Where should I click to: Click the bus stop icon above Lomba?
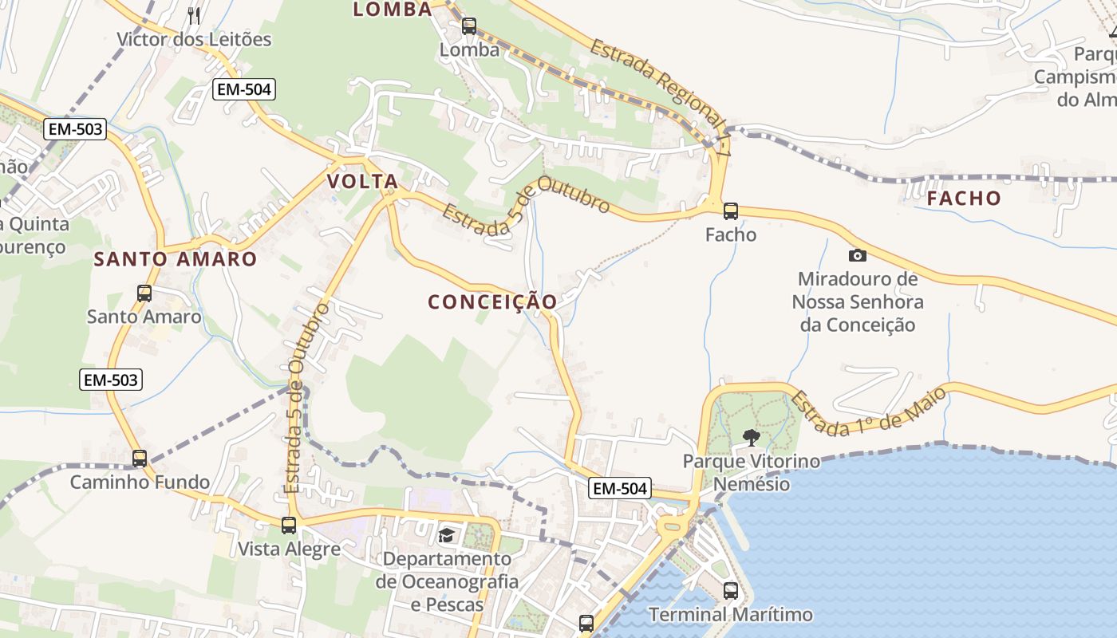(x=469, y=26)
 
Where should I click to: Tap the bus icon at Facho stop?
(x=731, y=211)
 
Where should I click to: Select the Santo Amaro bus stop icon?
(x=144, y=293)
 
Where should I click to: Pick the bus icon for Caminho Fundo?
(x=140, y=459)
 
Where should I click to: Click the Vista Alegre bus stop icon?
(x=289, y=526)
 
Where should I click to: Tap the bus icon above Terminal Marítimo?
(x=731, y=591)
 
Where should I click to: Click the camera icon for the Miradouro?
(x=858, y=255)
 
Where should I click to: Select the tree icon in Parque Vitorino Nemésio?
(x=751, y=437)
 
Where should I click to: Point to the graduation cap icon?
(x=446, y=535)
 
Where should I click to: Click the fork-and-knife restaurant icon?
(x=194, y=14)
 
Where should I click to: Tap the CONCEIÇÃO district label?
(x=492, y=302)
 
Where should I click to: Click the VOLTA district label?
(x=362, y=182)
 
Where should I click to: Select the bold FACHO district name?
(x=964, y=198)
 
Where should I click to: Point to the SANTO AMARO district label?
(x=176, y=259)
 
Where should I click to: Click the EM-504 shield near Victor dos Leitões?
(x=244, y=89)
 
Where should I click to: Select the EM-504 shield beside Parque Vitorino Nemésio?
(x=620, y=488)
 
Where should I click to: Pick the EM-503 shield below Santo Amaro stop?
(x=112, y=380)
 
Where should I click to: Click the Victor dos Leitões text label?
(x=194, y=39)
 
